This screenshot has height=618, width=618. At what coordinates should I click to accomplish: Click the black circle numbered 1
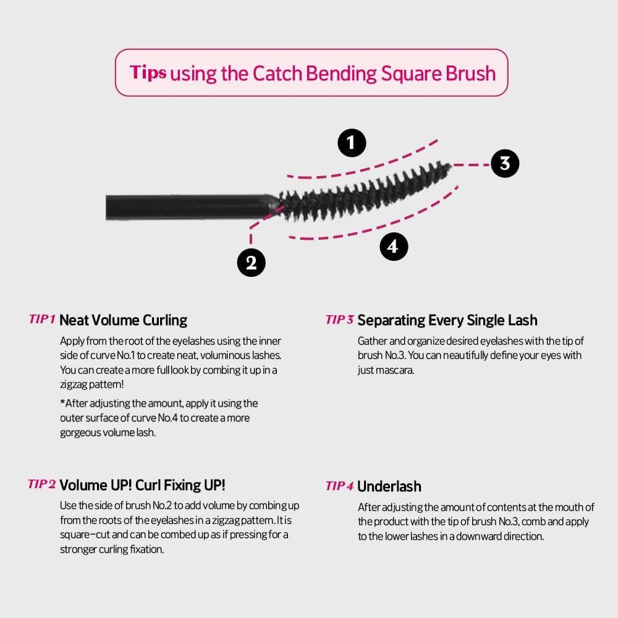[352, 143]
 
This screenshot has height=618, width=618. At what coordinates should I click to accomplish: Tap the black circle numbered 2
[251, 263]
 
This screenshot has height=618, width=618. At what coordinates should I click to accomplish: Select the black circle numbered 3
[505, 163]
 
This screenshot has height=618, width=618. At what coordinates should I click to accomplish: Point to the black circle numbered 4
[394, 247]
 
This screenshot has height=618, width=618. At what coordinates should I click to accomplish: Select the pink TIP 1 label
[42, 319]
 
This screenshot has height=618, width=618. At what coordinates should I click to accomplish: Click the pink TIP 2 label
[42, 484]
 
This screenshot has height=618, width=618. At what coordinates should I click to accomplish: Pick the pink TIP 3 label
[340, 320]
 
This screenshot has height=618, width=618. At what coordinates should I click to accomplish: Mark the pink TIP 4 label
[340, 486]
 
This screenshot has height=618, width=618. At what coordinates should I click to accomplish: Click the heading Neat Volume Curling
[124, 320]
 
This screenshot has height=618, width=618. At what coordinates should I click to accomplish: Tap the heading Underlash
[389, 486]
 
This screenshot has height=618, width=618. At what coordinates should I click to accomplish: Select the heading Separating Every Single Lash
[447, 320]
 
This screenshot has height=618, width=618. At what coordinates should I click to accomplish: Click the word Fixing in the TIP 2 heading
[182, 485]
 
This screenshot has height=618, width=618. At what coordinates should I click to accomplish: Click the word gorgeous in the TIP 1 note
[81, 433]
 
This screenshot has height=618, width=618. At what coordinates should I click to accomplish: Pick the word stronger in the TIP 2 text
[78, 550]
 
